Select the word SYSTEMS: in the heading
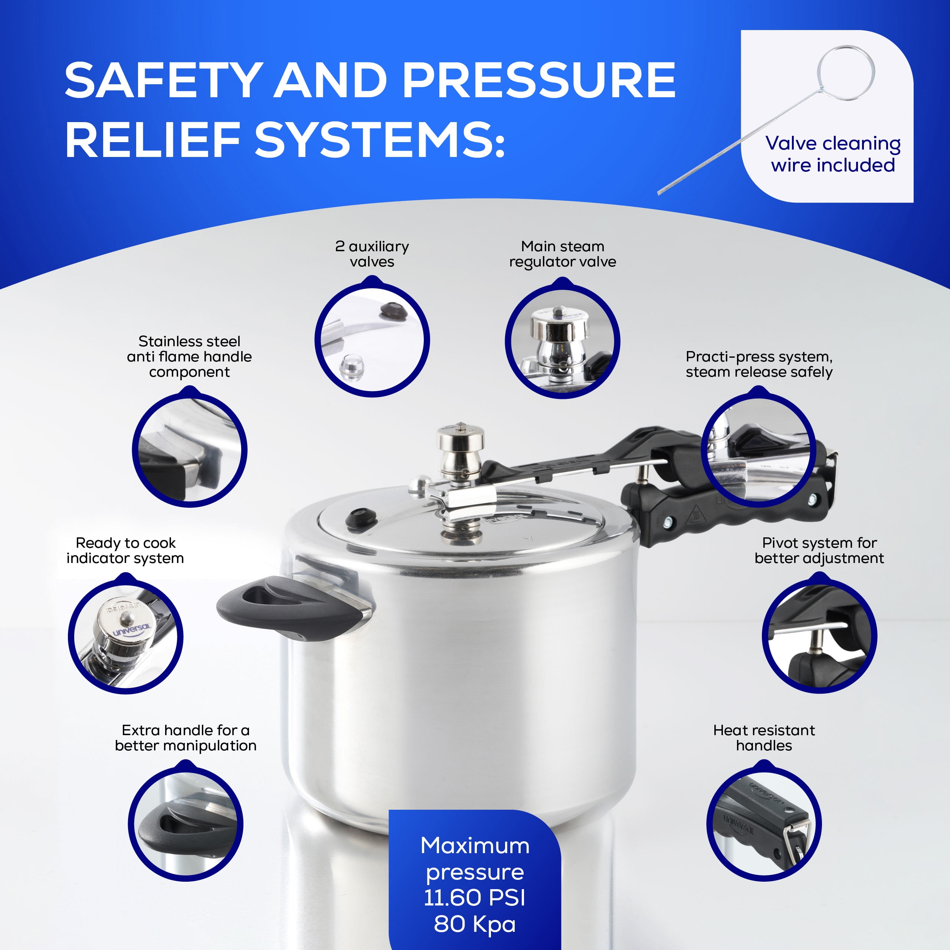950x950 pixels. [379, 140]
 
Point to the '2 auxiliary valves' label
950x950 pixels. [372, 254]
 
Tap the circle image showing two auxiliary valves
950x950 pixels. [372, 339]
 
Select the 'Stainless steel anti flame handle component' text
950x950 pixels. [189, 357]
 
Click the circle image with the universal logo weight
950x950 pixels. [125, 637]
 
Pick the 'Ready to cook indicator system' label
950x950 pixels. [125, 550]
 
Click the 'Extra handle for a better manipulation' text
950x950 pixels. [186, 738]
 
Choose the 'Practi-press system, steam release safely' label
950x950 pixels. [759, 364]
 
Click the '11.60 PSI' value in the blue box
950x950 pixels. [475, 897]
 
